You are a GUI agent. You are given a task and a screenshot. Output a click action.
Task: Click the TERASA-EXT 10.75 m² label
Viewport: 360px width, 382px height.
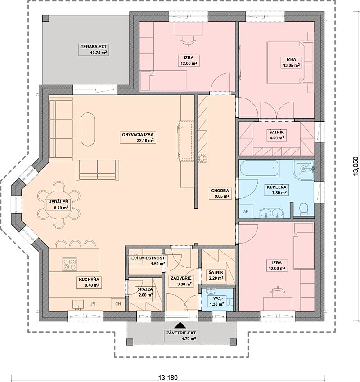tap(94, 50)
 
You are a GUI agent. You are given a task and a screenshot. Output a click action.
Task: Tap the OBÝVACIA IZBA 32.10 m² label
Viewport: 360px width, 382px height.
tap(138, 138)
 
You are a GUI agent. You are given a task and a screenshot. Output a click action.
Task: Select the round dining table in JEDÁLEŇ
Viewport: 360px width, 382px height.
tap(59, 205)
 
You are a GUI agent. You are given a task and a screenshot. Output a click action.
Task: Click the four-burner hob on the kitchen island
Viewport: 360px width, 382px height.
tap(69, 264)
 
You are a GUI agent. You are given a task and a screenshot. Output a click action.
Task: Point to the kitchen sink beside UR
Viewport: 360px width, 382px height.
tap(78, 305)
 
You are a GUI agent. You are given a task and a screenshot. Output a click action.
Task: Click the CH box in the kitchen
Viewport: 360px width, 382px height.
tap(118, 304)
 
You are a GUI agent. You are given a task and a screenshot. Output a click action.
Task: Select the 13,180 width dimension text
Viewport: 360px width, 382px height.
tap(168, 378)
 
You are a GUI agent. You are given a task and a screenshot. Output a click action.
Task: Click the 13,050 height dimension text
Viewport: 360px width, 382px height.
tap(356, 166)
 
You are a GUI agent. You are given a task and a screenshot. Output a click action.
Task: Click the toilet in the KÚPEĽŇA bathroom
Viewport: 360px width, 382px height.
tap(304, 209)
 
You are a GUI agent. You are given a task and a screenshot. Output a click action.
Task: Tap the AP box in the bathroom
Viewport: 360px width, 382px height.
tap(246, 212)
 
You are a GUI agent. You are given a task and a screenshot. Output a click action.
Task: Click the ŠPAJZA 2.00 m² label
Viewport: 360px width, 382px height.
tap(145, 292)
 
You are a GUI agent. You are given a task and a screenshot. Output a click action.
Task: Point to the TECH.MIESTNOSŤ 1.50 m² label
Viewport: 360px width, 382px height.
tap(147, 261)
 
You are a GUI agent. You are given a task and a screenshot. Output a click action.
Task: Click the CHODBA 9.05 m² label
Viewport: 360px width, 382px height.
tap(220, 193)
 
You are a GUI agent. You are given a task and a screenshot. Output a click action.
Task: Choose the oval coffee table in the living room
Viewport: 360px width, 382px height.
tap(88, 129)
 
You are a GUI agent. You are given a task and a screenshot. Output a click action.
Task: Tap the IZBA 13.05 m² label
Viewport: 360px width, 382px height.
tap(291, 62)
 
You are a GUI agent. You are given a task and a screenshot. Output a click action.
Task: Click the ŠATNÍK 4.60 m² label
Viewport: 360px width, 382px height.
tap(277, 135)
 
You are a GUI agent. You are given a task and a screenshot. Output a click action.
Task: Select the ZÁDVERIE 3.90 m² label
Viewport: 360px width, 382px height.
tap(181, 280)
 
